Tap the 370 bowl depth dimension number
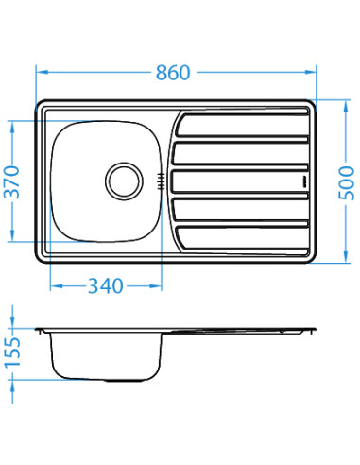click(12, 181)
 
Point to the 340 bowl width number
click(104, 285)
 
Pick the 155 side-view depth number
click(12, 352)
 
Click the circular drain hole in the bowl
click(122, 178)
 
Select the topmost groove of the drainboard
click(240, 124)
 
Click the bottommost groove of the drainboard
click(240, 232)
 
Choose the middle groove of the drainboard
click(240, 179)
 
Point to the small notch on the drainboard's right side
click(303, 179)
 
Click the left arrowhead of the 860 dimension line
click(41, 72)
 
